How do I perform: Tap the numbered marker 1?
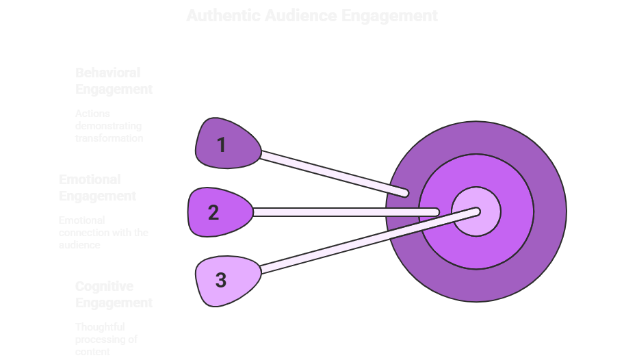[223, 144]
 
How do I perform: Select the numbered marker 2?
[215, 212]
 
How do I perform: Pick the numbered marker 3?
[222, 280]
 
